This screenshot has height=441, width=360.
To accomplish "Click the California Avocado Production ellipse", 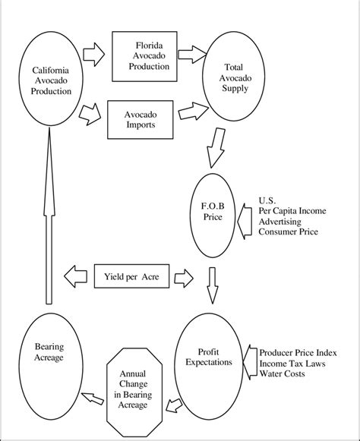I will tap(52, 81).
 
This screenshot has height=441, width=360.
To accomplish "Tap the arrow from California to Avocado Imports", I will tap(92, 113).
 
